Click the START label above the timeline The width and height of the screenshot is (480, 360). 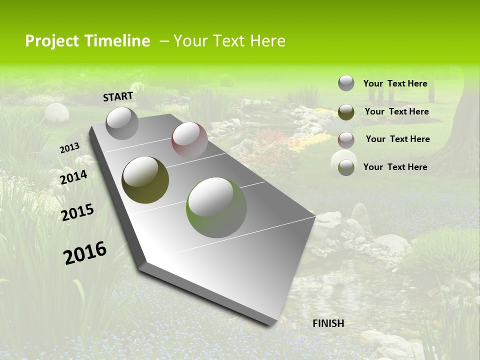[x=118, y=96]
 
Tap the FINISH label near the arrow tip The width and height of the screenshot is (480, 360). [x=328, y=323]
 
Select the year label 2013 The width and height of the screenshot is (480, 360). [x=69, y=147]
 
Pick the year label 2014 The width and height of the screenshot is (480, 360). [x=74, y=177]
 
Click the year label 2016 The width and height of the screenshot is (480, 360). [x=85, y=252]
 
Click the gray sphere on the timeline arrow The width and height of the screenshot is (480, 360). [x=122, y=123]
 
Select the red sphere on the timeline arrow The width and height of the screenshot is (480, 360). [x=189, y=140]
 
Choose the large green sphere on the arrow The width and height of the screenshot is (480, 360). [x=216, y=207]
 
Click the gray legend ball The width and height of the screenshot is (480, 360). [x=346, y=83]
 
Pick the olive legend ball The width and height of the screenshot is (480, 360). [x=346, y=112]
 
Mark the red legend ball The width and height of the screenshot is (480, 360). [x=346, y=139]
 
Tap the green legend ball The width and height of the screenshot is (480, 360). [x=346, y=167]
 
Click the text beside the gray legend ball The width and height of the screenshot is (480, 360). [x=395, y=83]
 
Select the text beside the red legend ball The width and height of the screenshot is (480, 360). [x=397, y=139]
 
